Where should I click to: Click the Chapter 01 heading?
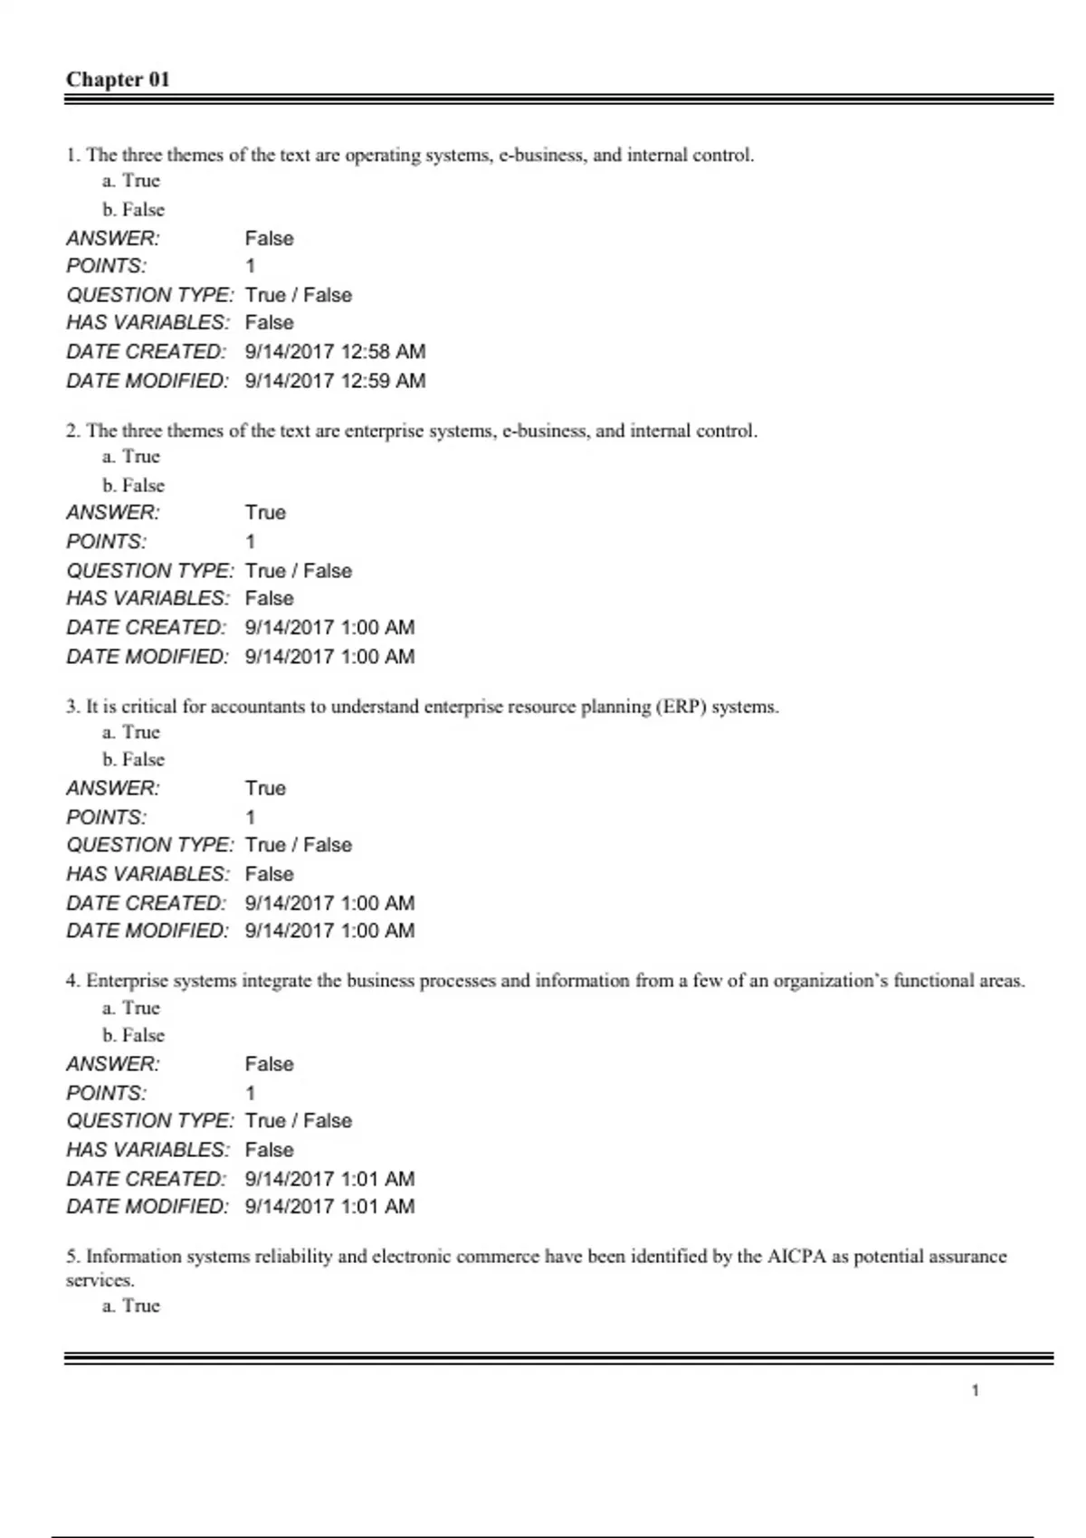118,80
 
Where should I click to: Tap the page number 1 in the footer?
975,1391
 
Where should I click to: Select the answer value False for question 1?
269,239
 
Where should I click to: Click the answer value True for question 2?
265,513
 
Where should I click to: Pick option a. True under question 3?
131,732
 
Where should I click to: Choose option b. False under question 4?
133,1035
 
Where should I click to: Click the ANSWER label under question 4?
113,1064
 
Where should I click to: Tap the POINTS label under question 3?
106,818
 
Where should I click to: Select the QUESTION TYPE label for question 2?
149,571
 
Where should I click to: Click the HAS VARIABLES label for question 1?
148,323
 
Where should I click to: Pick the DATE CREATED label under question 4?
146,1179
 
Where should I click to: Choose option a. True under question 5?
131,1305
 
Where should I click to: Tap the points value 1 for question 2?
251,542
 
